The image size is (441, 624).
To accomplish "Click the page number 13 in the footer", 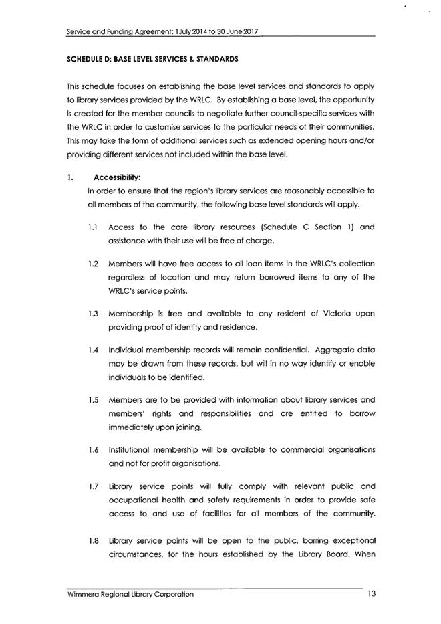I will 372,594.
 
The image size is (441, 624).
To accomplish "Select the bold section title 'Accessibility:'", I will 117,177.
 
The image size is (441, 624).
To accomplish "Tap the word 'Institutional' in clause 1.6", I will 130,449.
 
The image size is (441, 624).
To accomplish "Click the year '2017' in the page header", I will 248,31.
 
